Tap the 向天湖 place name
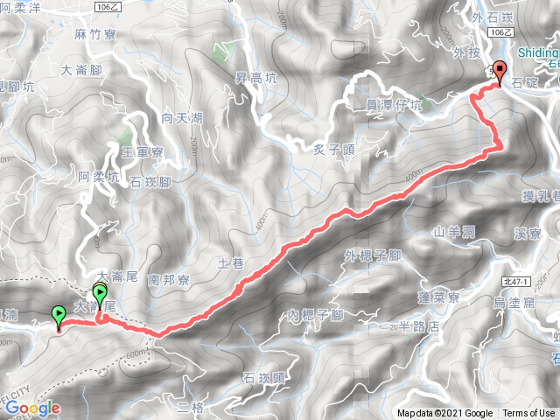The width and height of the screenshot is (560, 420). tap(181, 117)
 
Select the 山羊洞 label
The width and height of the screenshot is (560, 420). tap(454, 232)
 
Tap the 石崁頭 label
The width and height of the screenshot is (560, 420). tap(262, 378)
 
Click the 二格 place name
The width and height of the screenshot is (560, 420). tap(190, 408)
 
